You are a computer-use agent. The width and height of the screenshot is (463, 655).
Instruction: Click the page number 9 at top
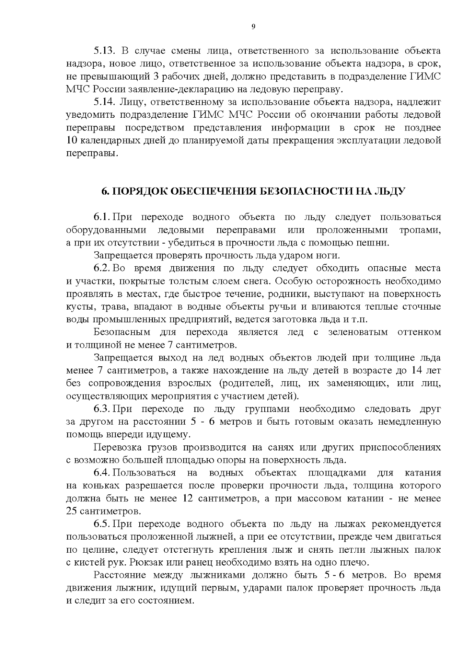tap(253, 27)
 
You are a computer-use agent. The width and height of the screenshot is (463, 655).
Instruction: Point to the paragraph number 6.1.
tap(102, 217)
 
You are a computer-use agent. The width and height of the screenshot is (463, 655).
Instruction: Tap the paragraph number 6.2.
tap(102, 268)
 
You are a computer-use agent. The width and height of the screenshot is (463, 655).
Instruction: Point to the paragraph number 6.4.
tap(102, 472)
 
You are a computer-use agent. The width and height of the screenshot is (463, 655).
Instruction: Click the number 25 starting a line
tap(72, 511)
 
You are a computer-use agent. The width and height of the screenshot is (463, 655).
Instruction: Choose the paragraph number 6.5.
tap(102, 524)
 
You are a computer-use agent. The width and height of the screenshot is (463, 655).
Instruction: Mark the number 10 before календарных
tap(72, 140)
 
